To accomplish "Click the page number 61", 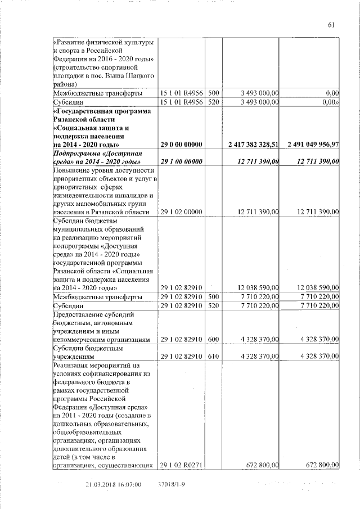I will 331,24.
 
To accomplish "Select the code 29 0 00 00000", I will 182,146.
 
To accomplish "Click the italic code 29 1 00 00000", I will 182,163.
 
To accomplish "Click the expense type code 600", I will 214,340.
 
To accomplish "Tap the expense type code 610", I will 214,357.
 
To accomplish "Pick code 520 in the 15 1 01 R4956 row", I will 214,102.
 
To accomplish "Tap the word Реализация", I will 73,366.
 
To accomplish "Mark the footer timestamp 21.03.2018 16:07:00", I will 112,484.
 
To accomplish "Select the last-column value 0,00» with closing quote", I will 327,102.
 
